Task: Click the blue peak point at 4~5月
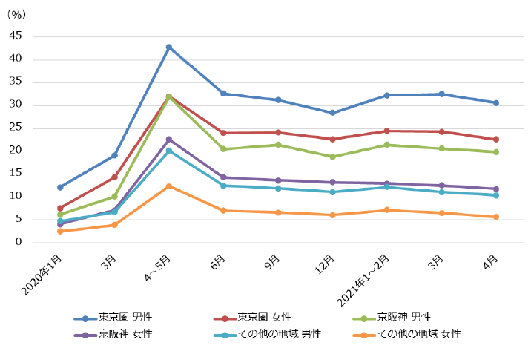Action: (x=169, y=47)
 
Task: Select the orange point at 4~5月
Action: (x=169, y=186)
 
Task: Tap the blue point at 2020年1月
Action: (x=60, y=187)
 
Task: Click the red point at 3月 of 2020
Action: (x=114, y=177)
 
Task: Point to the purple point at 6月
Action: (x=223, y=177)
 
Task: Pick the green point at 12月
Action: (x=333, y=157)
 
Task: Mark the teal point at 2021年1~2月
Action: (x=388, y=187)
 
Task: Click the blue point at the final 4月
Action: (x=496, y=102)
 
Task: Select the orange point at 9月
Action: (x=278, y=212)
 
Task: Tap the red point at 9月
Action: (x=278, y=133)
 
